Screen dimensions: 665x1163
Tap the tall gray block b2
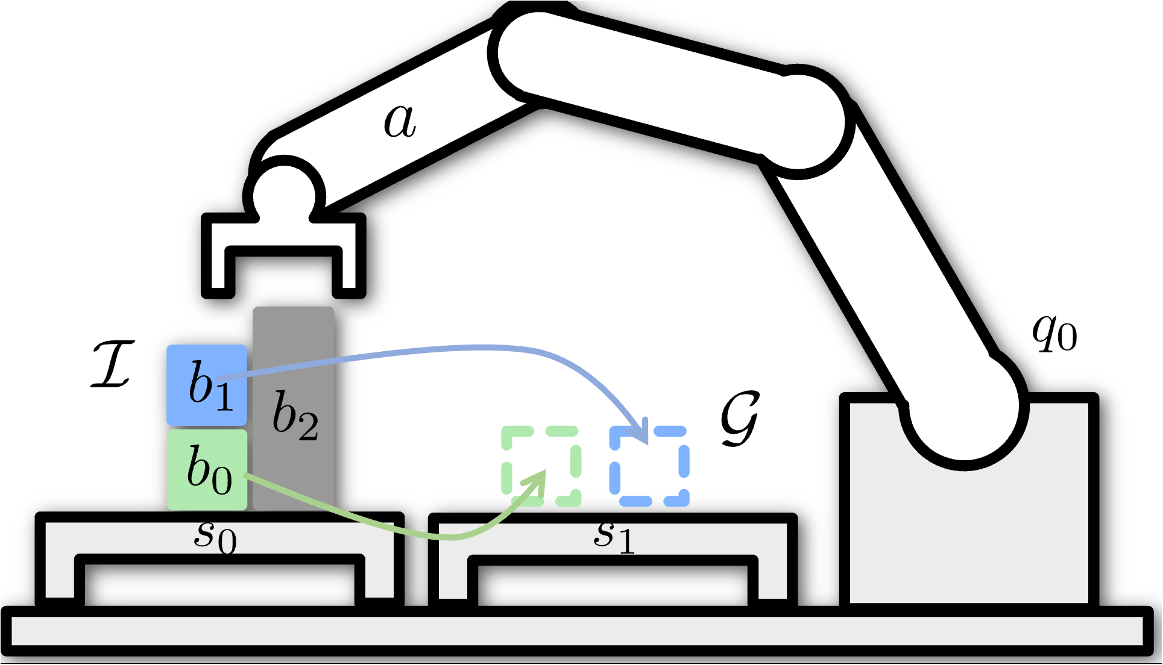(x=294, y=410)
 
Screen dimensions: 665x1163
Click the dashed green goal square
(x=541, y=466)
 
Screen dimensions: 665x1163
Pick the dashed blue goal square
(x=649, y=466)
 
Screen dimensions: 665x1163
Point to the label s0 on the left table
(x=215, y=535)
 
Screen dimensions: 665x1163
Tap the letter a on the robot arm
(x=400, y=120)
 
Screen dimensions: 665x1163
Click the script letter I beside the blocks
(x=112, y=364)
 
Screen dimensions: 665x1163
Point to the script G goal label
(x=740, y=418)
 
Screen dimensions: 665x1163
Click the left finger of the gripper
(x=218, y=271)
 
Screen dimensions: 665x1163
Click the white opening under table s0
(x=220, y=584)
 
